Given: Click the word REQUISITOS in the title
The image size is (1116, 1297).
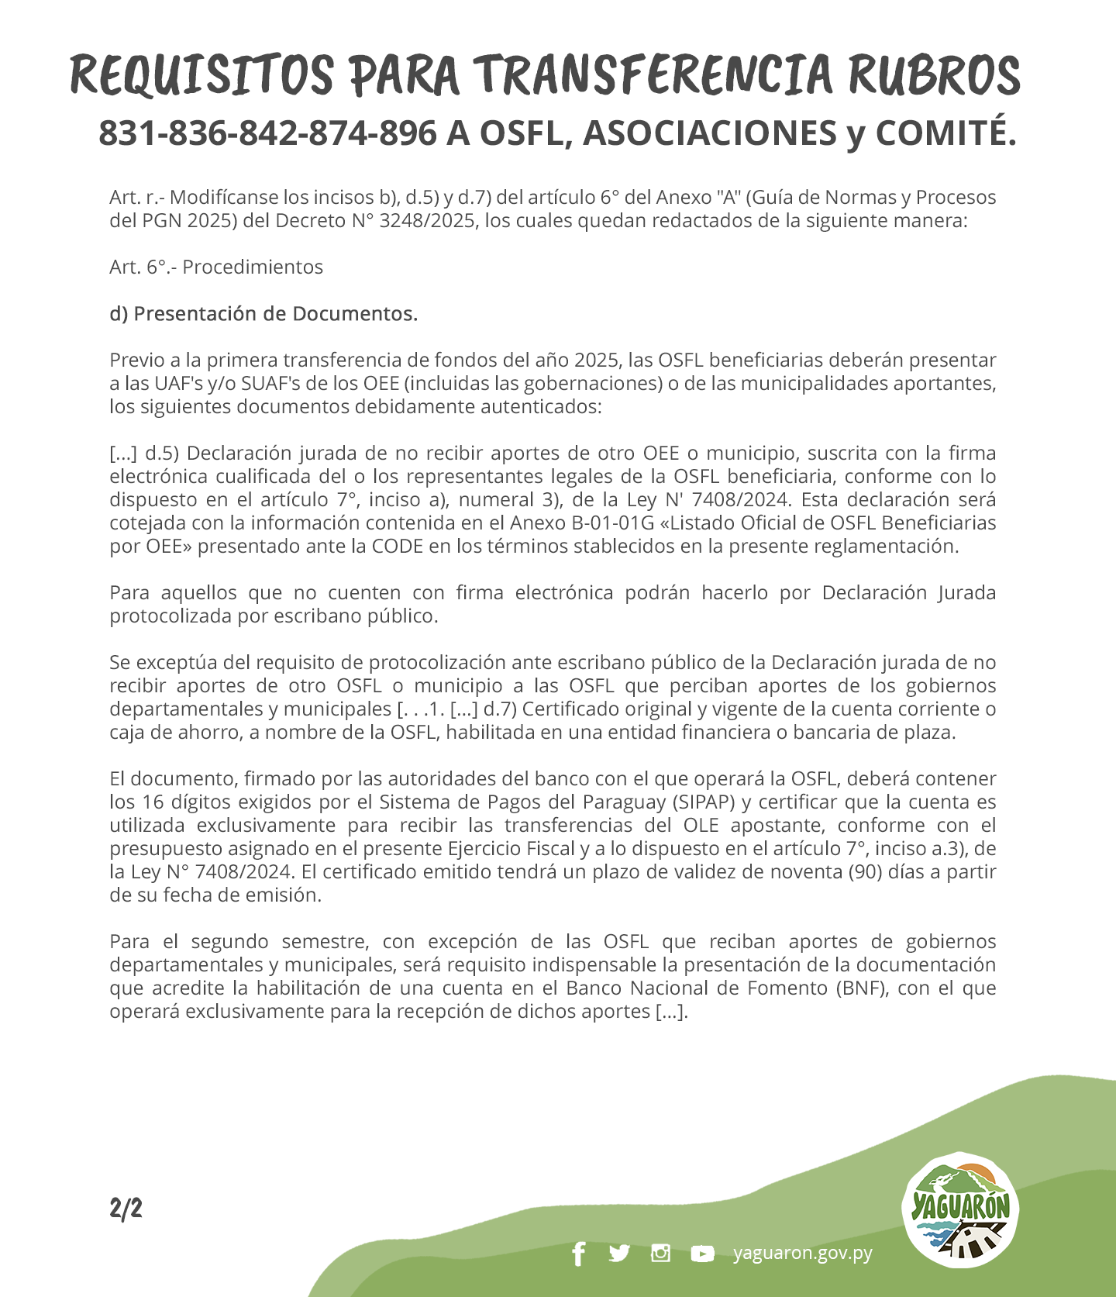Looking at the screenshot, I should [201, 76].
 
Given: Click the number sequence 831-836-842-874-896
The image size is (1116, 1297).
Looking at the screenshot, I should [267, 133].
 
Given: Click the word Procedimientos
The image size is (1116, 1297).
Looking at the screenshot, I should [253, 267].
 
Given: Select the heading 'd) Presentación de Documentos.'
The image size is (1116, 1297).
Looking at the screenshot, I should [263, 314].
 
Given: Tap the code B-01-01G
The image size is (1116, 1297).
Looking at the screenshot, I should [612, 523].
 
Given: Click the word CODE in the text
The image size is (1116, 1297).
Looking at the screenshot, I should [398, 547].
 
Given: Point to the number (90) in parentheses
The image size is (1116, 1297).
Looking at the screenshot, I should [865, 872].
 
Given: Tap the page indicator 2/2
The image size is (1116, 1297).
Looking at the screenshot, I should [126, 1209].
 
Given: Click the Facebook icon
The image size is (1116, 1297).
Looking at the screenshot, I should [578, 1254].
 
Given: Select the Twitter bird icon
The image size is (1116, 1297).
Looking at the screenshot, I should [619, 1254].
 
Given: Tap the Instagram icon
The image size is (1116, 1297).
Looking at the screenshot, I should [660, 1254].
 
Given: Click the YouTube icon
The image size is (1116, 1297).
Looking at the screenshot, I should [702, 1254].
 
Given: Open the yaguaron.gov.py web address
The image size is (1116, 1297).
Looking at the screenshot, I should [803, 1254].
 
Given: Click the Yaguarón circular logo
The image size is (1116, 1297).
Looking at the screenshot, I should [960, 1210].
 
